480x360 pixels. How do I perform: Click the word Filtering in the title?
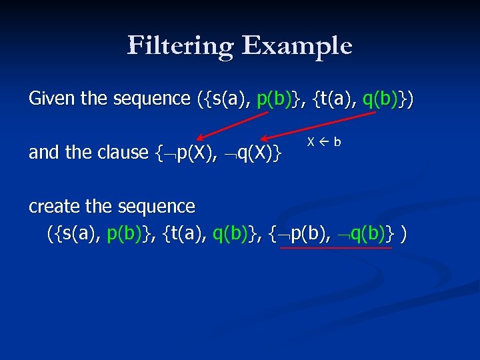pos(181,45)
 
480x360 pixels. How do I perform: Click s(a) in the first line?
pos(229,99)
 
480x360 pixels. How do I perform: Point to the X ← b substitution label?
pos(324,142)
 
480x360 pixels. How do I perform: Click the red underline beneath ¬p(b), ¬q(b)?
pos(336,247)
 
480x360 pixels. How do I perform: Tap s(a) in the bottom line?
pos(78,234)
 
